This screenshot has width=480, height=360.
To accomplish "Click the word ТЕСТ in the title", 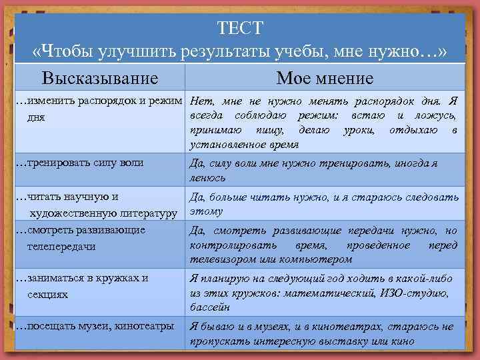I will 240,28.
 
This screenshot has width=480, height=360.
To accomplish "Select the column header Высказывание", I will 100,78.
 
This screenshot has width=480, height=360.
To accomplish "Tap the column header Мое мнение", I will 325,78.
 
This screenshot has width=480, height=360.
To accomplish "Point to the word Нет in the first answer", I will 201,102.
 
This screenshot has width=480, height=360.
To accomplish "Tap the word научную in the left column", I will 88,196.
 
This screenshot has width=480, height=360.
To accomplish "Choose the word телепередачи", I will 61,246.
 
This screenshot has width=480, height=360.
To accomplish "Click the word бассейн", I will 210,307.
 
